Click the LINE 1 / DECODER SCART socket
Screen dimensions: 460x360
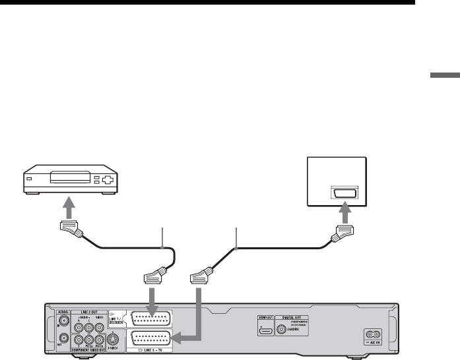tap(152, 317)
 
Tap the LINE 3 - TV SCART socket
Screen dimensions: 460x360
tap(152, 338)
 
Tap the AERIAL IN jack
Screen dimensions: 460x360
tap(63, 324)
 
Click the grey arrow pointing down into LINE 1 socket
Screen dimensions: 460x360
tap(152, 296)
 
